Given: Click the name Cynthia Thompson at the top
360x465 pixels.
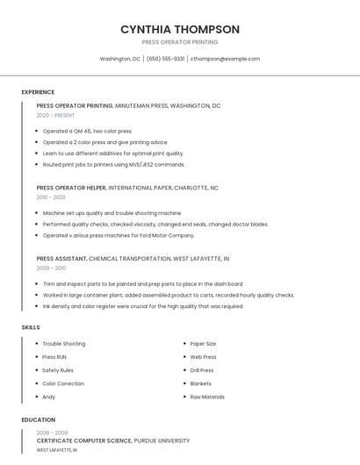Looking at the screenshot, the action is tap(179, 29).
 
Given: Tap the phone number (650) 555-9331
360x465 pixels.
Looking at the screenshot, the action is tap(165, 59).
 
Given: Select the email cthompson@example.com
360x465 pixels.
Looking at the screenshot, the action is tap(225, 59).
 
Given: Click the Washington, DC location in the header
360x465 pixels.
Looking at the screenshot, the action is tap(119, 59).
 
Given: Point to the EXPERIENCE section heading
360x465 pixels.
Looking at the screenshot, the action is tap(38, 92).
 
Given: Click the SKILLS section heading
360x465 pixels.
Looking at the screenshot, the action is tap(31, 327).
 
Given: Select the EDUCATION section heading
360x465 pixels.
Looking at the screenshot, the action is tap(38, 420).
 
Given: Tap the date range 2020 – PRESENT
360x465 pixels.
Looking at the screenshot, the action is tap(55, 116).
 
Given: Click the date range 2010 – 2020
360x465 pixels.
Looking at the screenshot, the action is tap(50, 197).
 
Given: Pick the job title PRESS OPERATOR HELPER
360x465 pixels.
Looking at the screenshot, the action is tap(71, 188).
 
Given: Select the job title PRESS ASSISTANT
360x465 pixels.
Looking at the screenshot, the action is tap(61, 259).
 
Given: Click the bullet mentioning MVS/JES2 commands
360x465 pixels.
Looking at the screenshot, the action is tap(113, 164).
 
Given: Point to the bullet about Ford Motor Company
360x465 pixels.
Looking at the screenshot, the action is tap(119, 235).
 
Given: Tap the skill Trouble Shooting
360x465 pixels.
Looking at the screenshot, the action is tap(64, 344).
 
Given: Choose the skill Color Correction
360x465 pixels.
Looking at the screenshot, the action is tap(63, 383).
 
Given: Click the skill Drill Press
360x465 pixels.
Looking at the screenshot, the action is tap(202, 370).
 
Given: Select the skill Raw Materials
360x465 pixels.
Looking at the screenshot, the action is tap(207, 397).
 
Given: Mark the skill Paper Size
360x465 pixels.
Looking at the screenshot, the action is tap(203, 344).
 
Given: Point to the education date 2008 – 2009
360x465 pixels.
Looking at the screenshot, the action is tap(52, 433).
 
